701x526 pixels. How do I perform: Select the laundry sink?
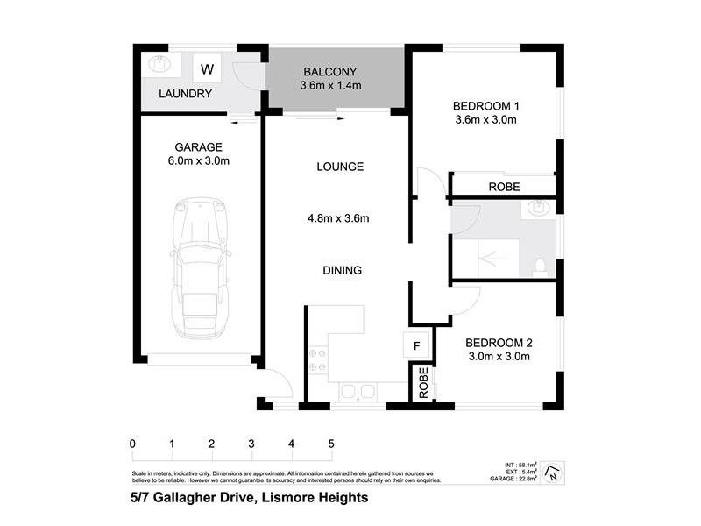[x=159, y=64]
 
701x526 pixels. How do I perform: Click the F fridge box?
[x=418, y=345]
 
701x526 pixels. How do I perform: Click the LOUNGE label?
[x=340, y=167]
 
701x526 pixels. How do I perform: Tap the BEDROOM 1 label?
[x=485, y=103]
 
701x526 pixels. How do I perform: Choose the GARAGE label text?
[x=198, y=146]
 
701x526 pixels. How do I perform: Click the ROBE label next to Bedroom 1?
[x=504, y=187]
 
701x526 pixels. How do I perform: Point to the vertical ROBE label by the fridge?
[x=422, y=383]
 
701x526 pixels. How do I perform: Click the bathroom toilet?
[x=541, y=266]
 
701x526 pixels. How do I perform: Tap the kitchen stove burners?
[x=317, y=360]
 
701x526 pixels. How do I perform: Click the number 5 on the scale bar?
[x=331, y=444]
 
